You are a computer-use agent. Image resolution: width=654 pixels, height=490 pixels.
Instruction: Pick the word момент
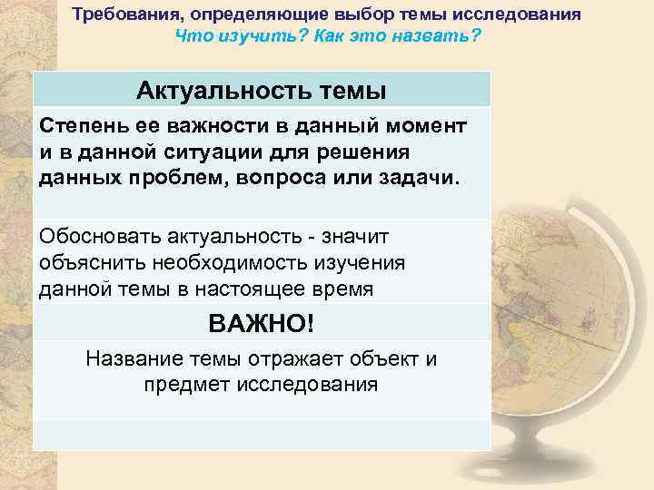[x=430, y=125]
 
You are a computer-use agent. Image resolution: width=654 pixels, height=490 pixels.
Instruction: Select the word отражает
[x=292, y=358]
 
